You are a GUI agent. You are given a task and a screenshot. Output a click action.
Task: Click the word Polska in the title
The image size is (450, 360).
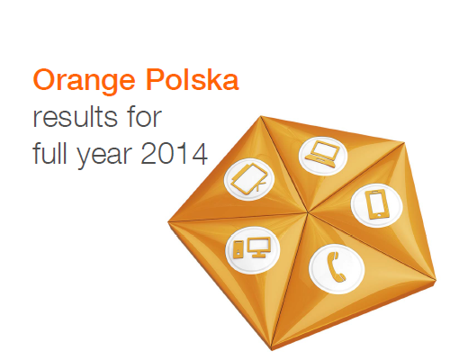(x=193, y=79)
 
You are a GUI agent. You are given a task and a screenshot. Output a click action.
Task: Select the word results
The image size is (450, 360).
(x=75, y=117)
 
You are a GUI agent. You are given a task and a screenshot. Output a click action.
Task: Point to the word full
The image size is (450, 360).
(x=49, y=153)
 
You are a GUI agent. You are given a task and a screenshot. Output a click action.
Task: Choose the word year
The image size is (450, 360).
(x=104, y=156)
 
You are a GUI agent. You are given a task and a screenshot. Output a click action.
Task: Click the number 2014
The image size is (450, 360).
(x=174, y=154)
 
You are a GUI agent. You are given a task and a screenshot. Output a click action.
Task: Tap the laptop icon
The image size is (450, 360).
(x=323, y=154)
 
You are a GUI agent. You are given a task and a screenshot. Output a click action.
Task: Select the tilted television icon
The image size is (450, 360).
(x=248, y=179)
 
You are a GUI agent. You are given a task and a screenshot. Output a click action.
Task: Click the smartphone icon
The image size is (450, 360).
(x=377, y=205)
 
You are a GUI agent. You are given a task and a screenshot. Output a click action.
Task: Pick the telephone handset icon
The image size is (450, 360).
(x=337, y=267)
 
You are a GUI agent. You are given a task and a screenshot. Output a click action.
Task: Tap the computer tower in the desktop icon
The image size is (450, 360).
(x=238, y=249)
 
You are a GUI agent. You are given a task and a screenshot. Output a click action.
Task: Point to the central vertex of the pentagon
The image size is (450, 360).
(x=308, y=212)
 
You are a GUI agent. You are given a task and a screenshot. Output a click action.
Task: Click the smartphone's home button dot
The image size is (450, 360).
(x=379, y=215)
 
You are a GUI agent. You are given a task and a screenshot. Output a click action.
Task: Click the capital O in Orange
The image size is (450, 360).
(x=44, y=80)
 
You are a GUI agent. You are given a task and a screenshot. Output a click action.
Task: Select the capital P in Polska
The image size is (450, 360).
(x=154, y=80)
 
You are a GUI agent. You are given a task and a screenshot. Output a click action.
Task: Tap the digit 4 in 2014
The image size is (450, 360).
(x=199, y=154)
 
